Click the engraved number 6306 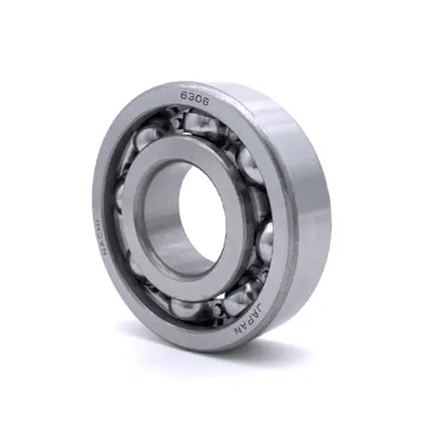pyautogui.click(x=194, y=98)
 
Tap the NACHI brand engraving pyautogui.click(x=101, y=237)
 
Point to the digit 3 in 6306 pyautogui.click(x=191, y=98)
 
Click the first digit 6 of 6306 pyautogui.click(x=184, y=97)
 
